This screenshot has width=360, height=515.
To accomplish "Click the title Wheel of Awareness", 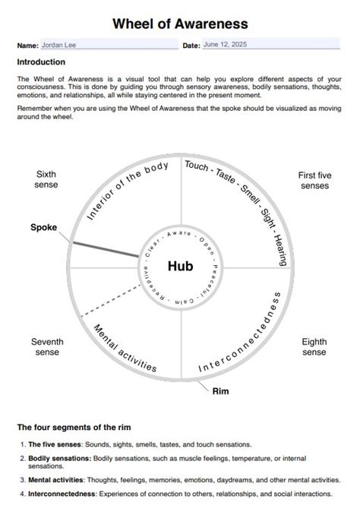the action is point(180,24).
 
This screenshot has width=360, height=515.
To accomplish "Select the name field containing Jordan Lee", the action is point(109,45).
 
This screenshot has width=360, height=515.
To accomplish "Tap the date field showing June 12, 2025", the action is point(271,44).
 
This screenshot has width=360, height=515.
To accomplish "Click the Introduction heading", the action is point(41,62).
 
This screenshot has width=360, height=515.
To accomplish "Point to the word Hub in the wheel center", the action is point(180,266).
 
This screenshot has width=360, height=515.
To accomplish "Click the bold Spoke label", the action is point(44,227).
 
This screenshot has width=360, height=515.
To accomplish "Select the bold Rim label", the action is point(220,391).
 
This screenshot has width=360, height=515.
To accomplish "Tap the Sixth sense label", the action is point(46,179).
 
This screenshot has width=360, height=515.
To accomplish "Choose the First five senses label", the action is point(314,180).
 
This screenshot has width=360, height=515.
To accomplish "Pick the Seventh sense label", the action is point(47,347).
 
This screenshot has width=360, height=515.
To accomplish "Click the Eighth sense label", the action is point(314,347).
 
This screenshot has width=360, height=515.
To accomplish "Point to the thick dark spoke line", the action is point(106,250).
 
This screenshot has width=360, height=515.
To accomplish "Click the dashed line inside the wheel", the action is point(111,301).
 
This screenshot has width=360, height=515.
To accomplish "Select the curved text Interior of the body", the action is point(128,191).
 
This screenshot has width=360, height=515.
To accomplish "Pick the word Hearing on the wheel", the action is point(280,250).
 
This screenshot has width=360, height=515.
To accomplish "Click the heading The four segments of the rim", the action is point(74,428).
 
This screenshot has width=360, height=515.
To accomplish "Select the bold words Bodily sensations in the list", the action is point(60,458).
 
